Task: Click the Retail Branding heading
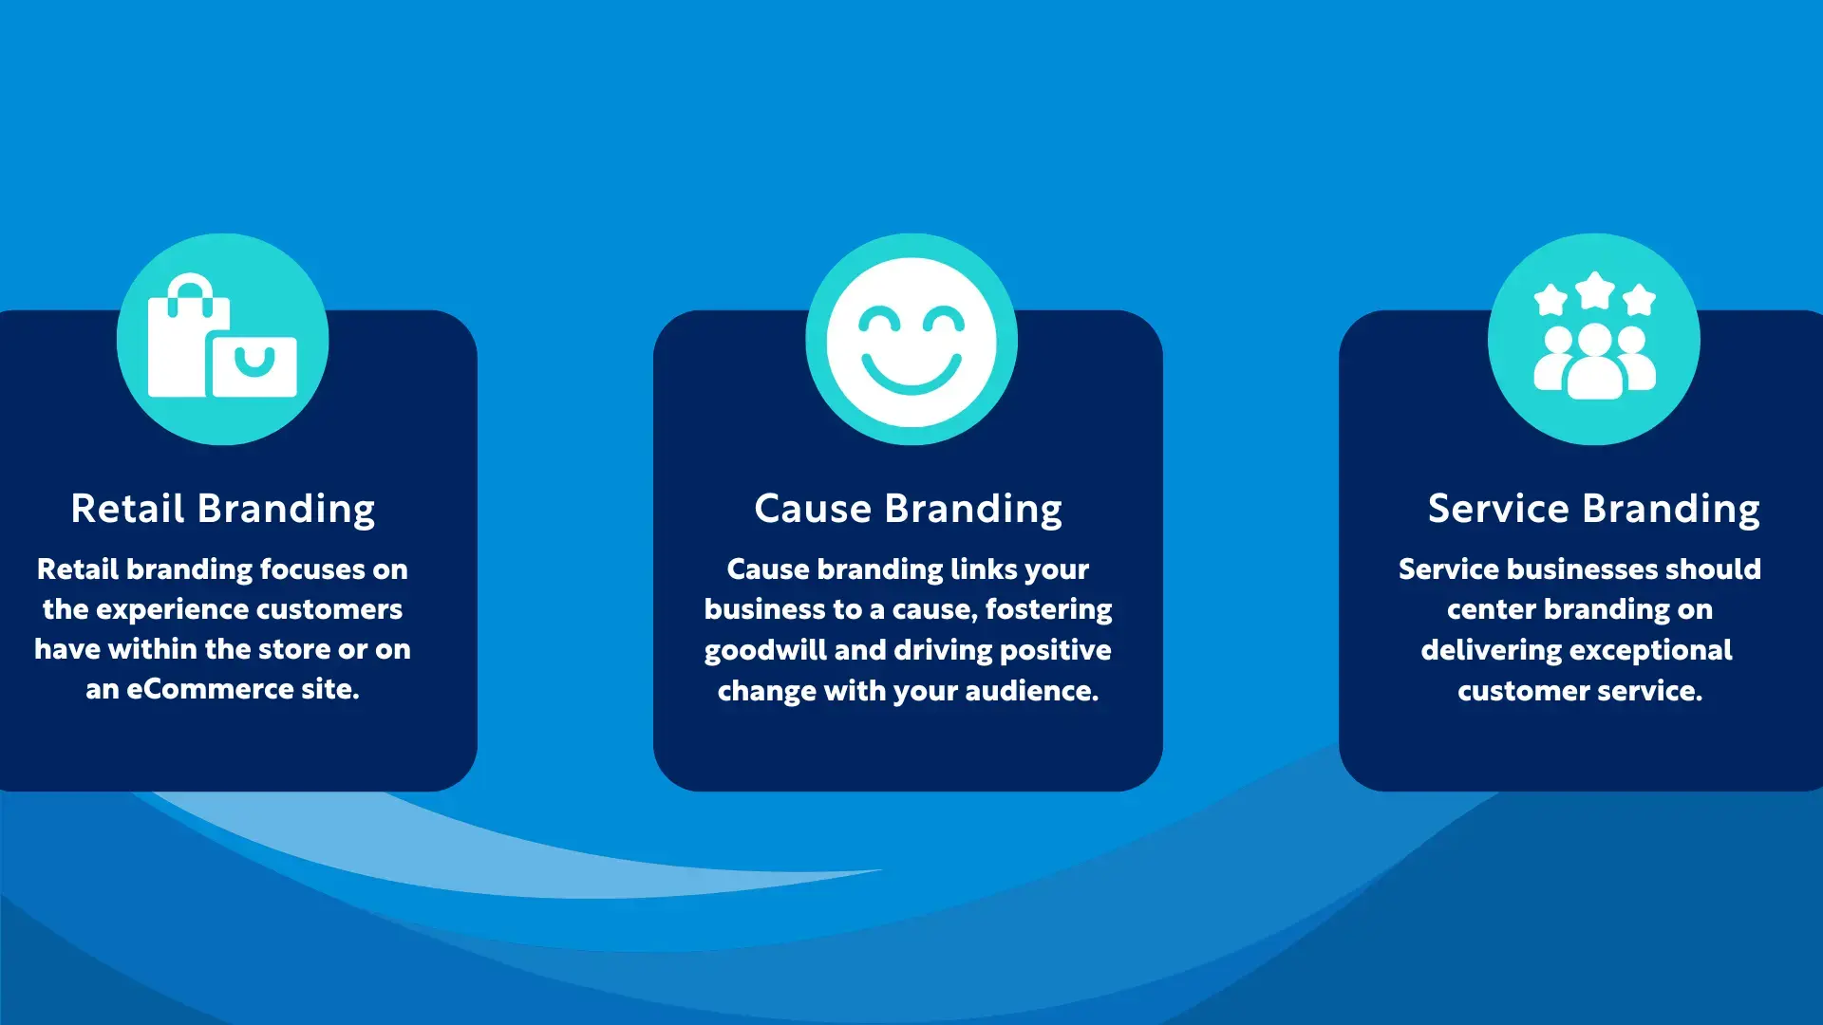223,510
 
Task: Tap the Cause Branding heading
909,510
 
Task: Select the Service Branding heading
1594,510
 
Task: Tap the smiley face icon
911,341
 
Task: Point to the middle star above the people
1595,290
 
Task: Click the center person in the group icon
1595,363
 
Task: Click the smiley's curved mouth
911,376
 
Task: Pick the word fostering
1049,610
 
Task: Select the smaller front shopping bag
254,365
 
